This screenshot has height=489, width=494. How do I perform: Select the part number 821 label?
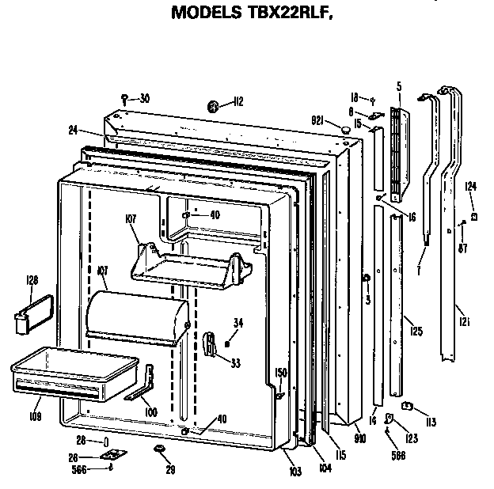point(318,119)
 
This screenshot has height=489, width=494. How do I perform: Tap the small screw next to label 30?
point(125,97)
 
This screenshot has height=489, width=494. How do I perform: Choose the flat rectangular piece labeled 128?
point(32,308)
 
